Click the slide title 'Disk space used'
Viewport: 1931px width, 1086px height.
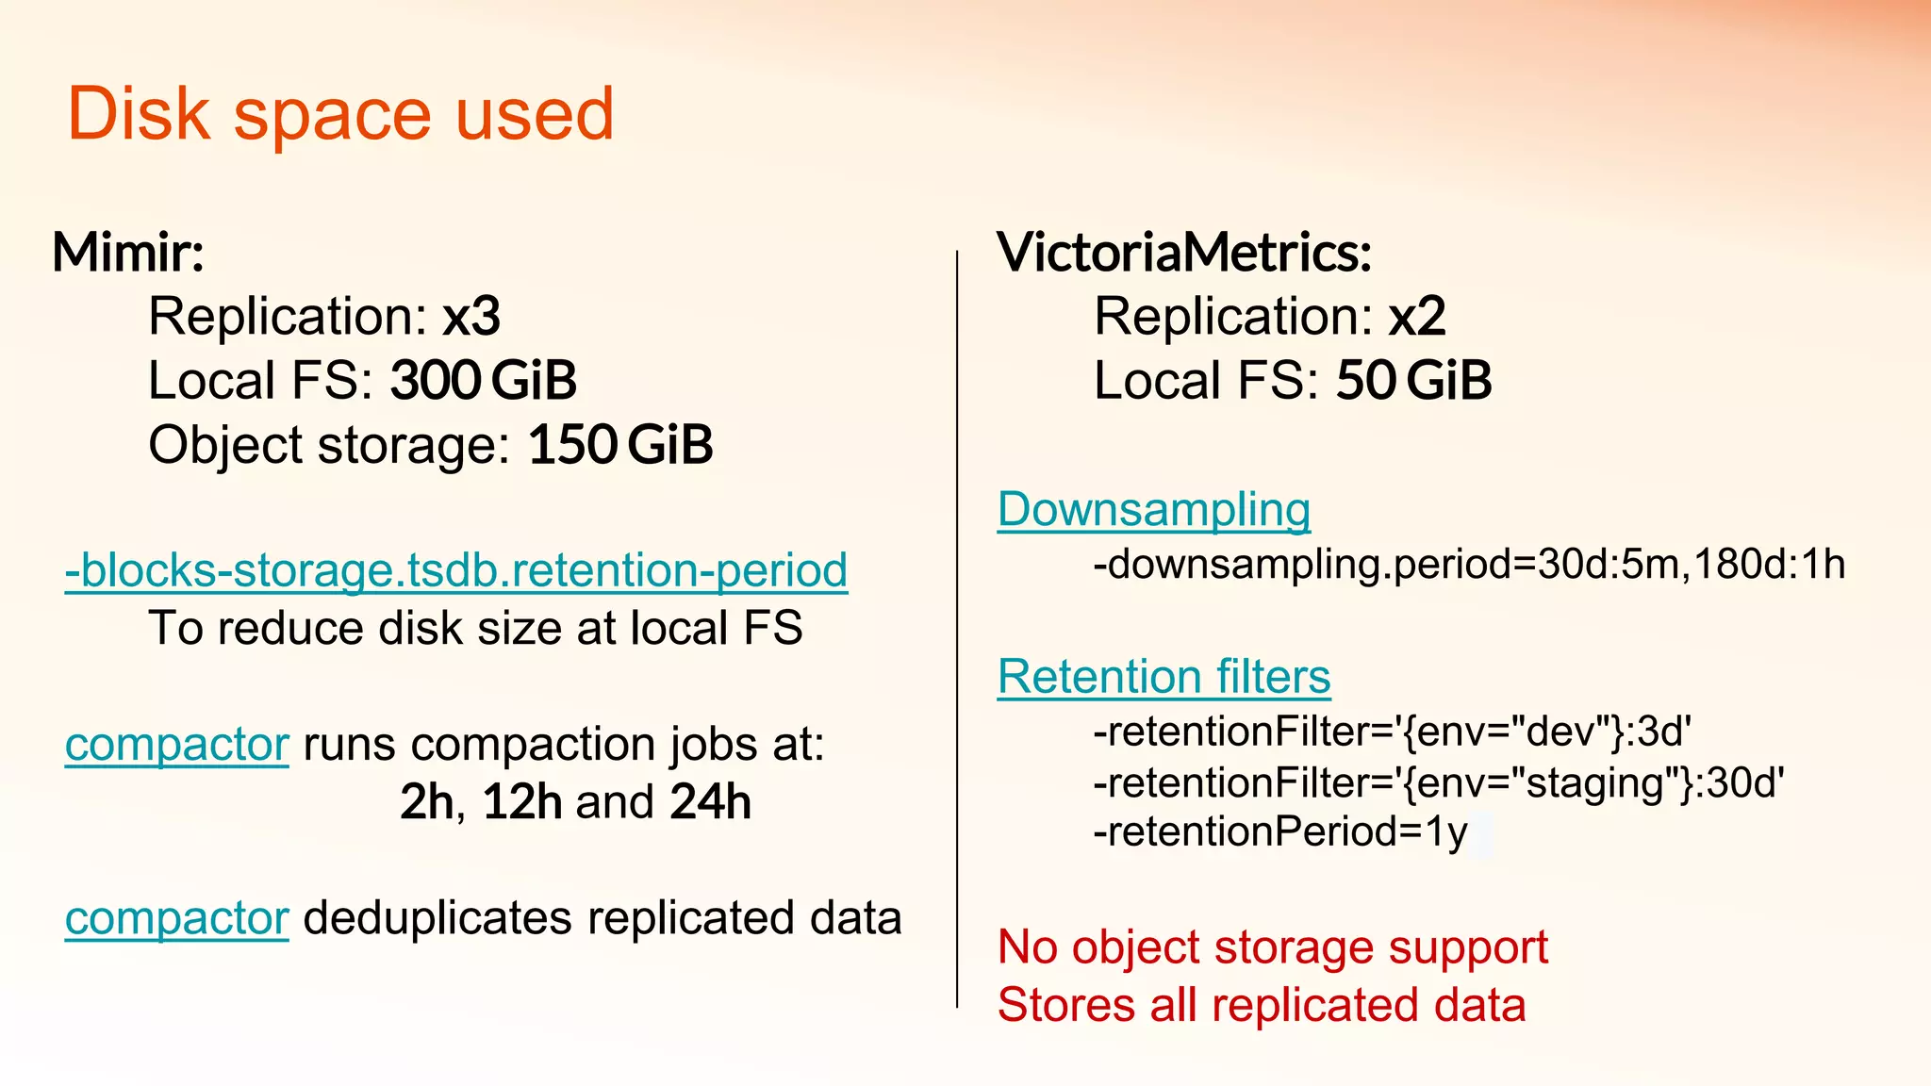[x=340, y=114]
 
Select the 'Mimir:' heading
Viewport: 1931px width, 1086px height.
[x=128, y=253]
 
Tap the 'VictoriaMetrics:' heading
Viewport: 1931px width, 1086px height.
[x=1184, y=253]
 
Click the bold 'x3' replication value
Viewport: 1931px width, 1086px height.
[x=471, y=316]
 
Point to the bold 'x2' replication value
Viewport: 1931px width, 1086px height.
[x=1417, y=316]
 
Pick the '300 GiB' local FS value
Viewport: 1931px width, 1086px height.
[x=483, y=380]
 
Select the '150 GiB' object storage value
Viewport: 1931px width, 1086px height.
[x=620, y=445]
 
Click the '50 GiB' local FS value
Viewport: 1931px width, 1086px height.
[x=1413, y=380]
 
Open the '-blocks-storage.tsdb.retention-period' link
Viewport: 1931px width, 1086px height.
[x=456, y=570]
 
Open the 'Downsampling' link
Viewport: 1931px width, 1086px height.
[x=1154, y=510]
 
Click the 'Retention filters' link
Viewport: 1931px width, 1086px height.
[x=1164, y=677]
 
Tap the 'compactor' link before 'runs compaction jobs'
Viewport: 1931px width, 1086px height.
[x=176, y=745]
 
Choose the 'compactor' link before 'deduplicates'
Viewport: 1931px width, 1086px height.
[x=176, y=918]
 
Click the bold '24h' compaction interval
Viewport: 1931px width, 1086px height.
[x=711, y=802]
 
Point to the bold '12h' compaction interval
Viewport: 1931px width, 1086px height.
[x=522, y=802]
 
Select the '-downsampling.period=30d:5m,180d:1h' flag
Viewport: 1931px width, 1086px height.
[x=1469, y=564]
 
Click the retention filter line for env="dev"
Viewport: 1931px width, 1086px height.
[x=1393, y=732]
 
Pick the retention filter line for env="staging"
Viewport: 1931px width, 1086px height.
[x=1439, y=782]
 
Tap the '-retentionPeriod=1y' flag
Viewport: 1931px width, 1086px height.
[x=1280, y=831]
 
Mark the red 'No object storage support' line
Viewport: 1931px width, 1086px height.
[x=1273, y=946]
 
